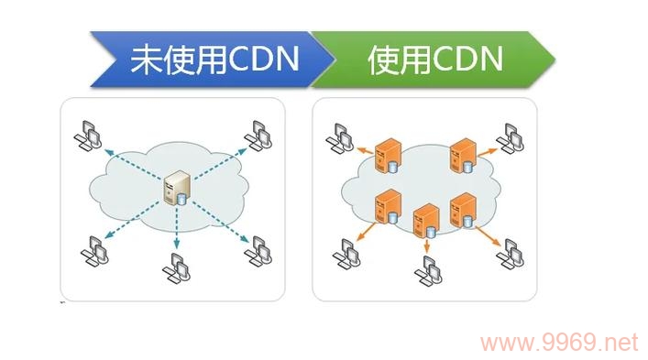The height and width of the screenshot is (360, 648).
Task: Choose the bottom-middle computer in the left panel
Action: (x=175, y=267)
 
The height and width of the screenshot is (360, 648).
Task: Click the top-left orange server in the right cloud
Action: (x=391, y=154)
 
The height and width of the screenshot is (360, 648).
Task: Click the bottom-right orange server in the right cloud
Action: (x=463, y=210)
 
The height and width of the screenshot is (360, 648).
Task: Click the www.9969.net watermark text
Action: (x=559, y=344)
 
